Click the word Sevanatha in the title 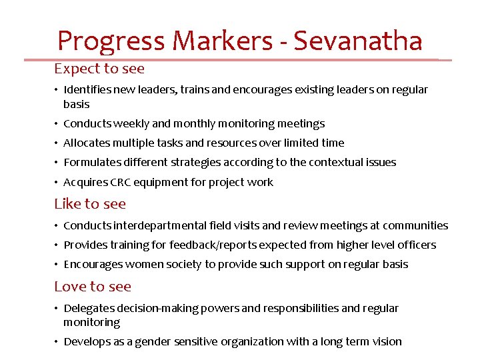coord(358,41)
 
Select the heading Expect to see coord(99,69)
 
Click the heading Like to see coord(90,204)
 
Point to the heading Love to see coord(93,287)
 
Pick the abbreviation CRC coord(120,182)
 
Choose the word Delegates coord(89,308)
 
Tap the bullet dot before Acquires coord(57,182)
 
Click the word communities coord(415,225)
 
